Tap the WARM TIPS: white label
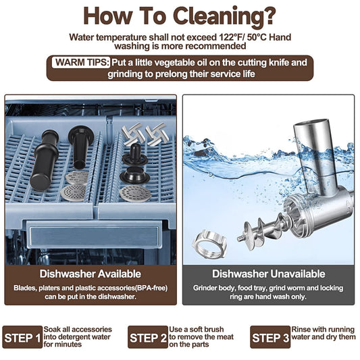(x=82, y=62)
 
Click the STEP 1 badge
(x=22, y=337)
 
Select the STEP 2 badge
(x=148, y=337)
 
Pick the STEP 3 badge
(x=270, y=337)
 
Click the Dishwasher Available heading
(x=91, y=274)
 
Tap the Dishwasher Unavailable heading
(x=268, y=274)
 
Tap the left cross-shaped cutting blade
(x=132, y=133)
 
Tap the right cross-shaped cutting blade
(x=155, y=134)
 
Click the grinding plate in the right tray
(x=135, y=194)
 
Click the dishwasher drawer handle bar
(x=94, y=234)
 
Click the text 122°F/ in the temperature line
(x=232, y=37)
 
